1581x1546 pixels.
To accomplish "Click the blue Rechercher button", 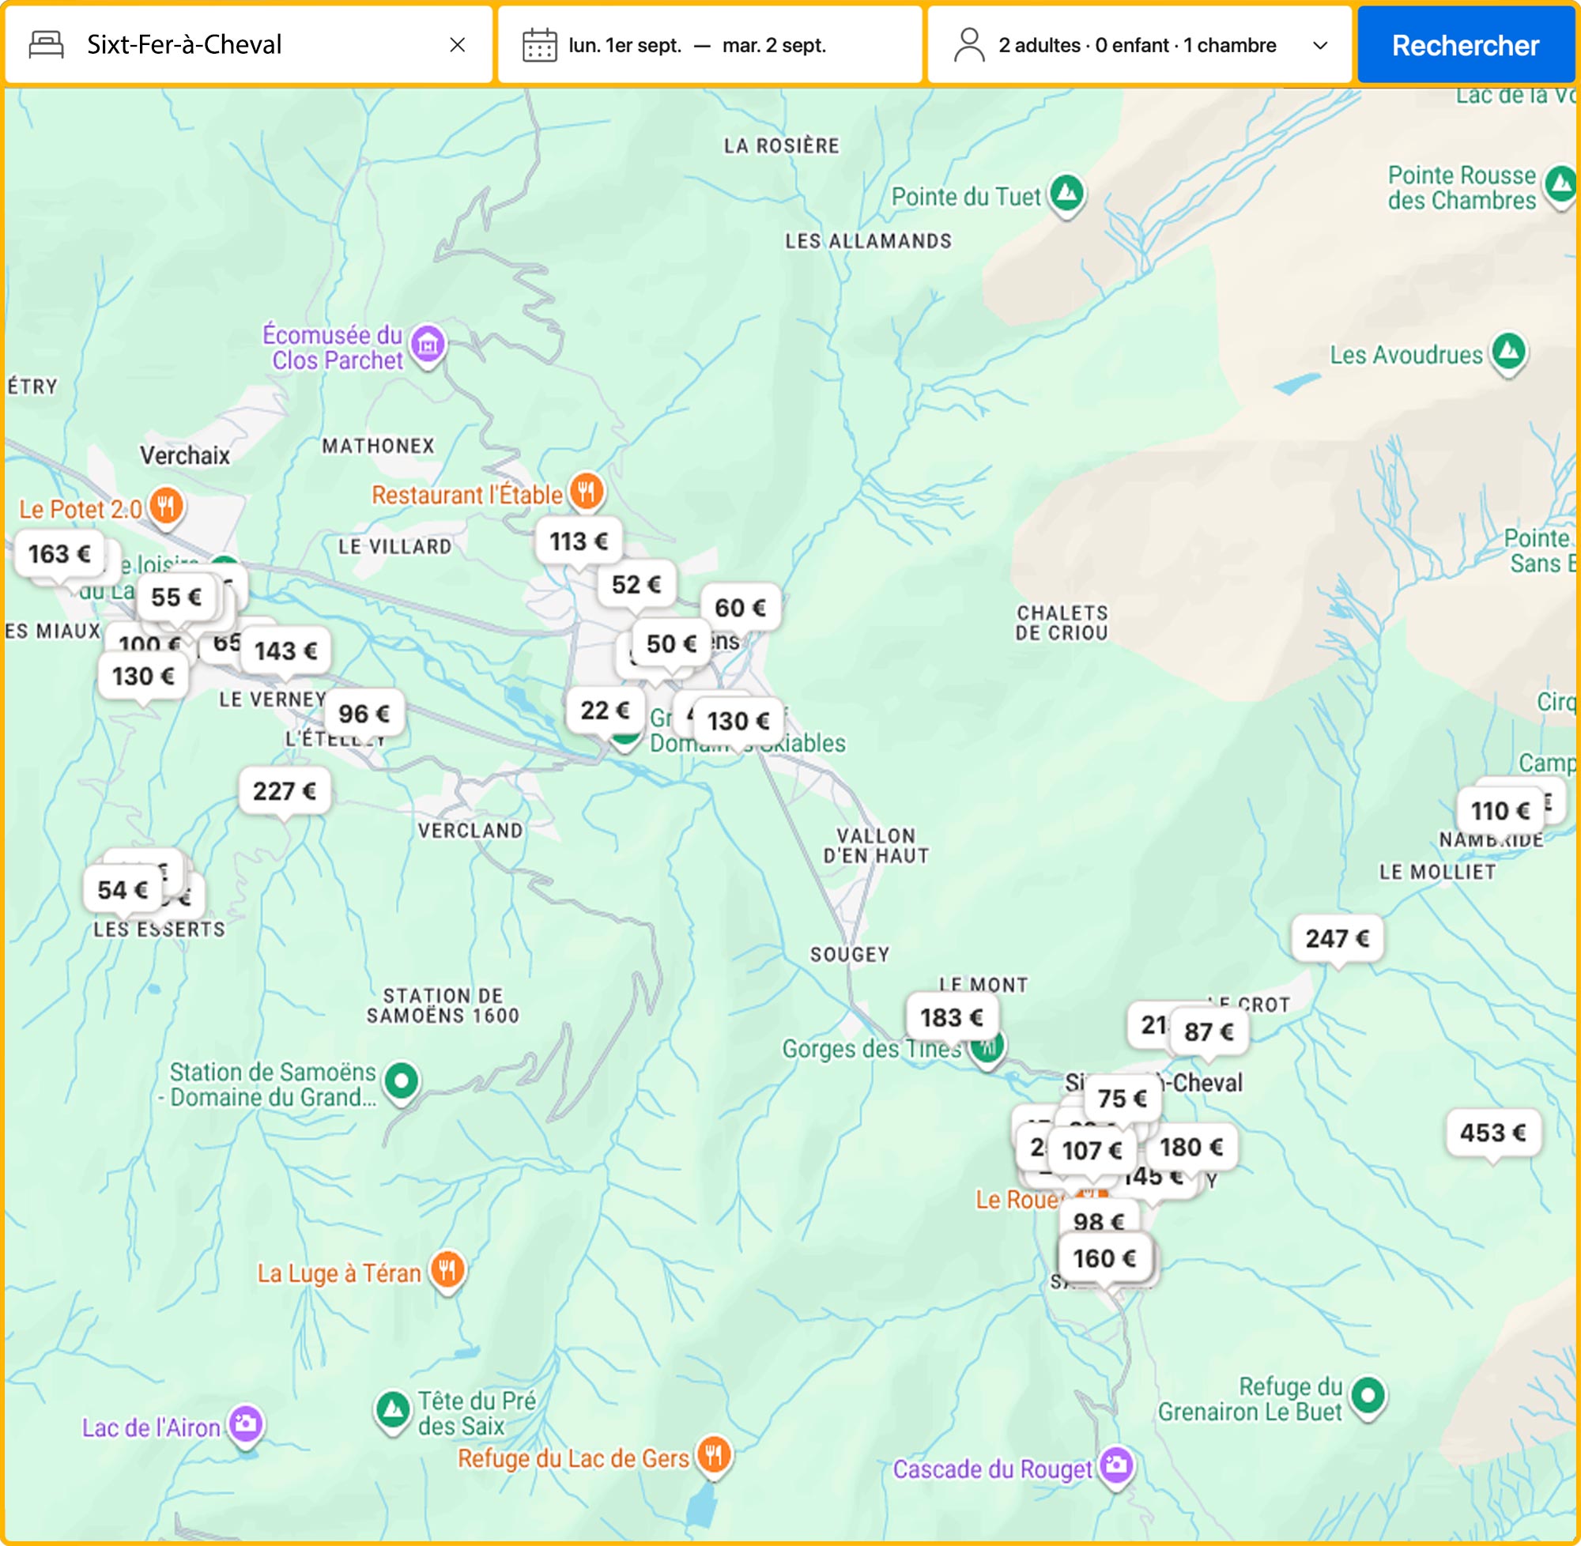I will tap(1465, 46).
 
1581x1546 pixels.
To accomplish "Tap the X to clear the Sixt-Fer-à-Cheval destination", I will tap(457, 46).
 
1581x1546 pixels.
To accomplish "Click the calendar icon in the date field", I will tap(539, 46).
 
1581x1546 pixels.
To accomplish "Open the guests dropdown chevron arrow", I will tap(1320, 46).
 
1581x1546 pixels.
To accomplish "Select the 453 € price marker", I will tap(1492, 1132).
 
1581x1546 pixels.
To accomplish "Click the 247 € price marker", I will tap(1337, 938).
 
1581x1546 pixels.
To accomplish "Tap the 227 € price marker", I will tap(285, 790).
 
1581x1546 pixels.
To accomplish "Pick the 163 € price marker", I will tap(59, 554).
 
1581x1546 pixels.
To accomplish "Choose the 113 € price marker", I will tap(578, 541).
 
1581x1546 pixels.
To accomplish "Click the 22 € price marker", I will tap(605, 710).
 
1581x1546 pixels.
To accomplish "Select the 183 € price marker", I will tap(952, 1016).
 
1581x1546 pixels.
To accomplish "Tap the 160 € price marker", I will tap(1104, 1258).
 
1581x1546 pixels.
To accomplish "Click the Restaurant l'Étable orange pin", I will tap(587, 492).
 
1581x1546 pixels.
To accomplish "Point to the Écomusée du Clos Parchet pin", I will tap(428, 345).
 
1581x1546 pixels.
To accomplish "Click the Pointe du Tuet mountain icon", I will tap(1067, 193).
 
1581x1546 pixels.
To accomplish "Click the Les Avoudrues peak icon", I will tap(1509, 352).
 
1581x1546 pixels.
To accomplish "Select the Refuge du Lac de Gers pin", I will tap(714, 1454).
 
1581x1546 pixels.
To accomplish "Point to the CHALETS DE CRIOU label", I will tap(1062, 623).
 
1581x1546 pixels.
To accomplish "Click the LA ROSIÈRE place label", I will tap(781, 146).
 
